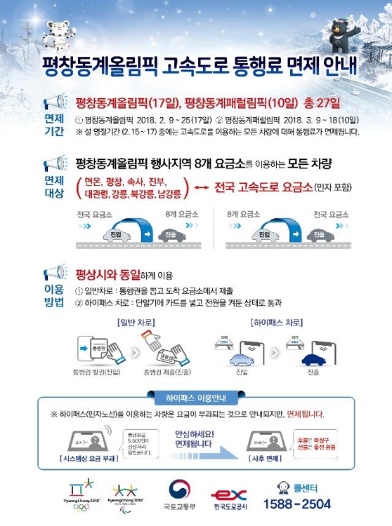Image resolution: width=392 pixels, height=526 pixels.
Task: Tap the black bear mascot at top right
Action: coord(342,29)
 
